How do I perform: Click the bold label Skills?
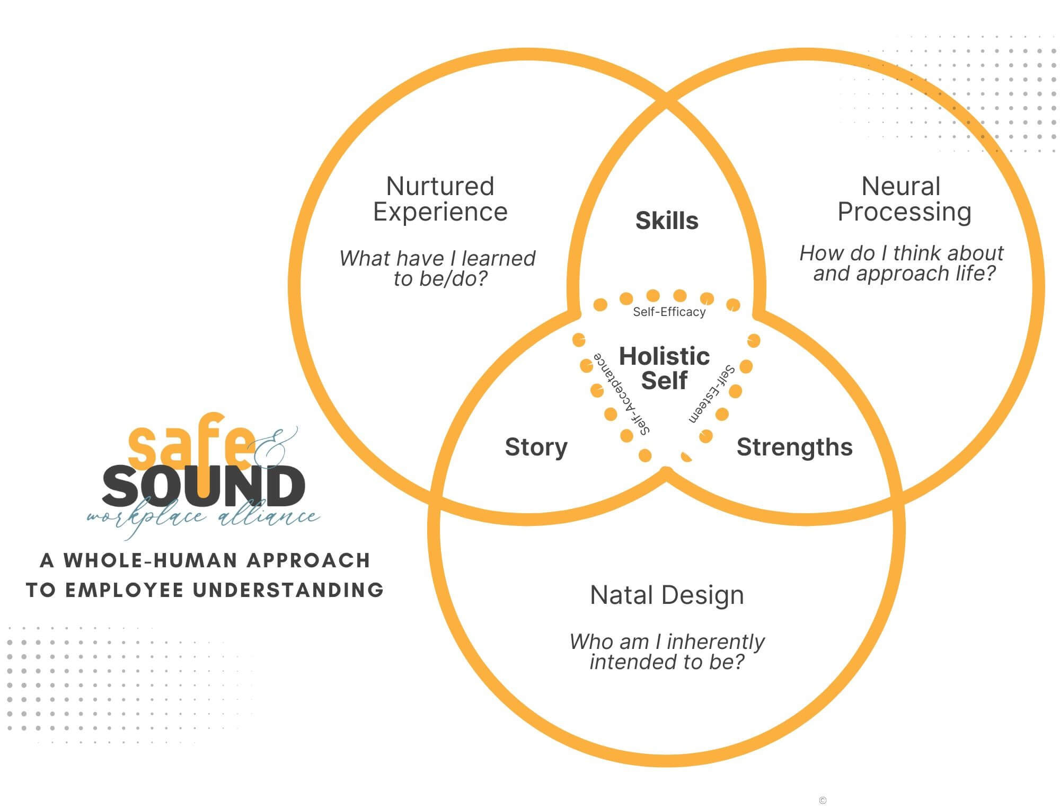tap(667, 221)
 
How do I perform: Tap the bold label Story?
tap(536, 447)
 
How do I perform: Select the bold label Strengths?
tap(794, 447)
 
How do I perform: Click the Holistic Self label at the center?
tap(664, 368)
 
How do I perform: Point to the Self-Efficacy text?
tap(669, 312)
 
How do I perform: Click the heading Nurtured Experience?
tap(440, 199)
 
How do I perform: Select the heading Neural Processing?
tap(904, 199)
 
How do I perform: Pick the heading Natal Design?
tap(667, 595)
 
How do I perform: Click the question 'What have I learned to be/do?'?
tap(438, 268)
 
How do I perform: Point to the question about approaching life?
tap(902, 263)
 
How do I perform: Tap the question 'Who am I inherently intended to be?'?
tap(667, 652)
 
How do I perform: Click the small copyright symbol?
tap(823, 801)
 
